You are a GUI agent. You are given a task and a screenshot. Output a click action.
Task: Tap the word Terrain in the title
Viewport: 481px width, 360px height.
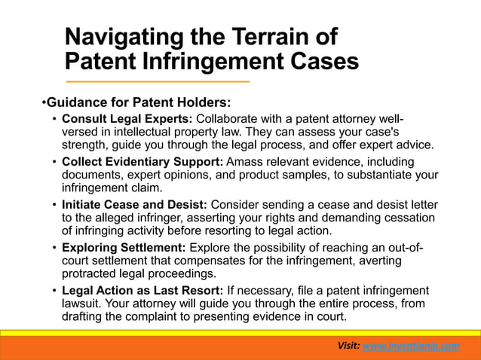click(x=271, y=37)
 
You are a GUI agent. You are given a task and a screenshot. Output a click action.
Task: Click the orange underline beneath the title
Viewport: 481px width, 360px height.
click(x=158, y=81)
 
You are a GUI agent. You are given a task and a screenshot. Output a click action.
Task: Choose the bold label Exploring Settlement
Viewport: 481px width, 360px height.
click(x=124, y=248)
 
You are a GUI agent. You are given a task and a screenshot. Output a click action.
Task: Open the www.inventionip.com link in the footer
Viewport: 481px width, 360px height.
click(x=411, y=345)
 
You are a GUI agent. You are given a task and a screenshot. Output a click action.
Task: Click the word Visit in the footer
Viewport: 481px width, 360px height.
click(x=348, y=345)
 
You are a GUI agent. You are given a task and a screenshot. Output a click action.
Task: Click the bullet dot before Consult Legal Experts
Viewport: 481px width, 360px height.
click(x=54, y=120)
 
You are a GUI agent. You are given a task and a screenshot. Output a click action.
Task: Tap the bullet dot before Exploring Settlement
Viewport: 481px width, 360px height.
click(x=54, y=249)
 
